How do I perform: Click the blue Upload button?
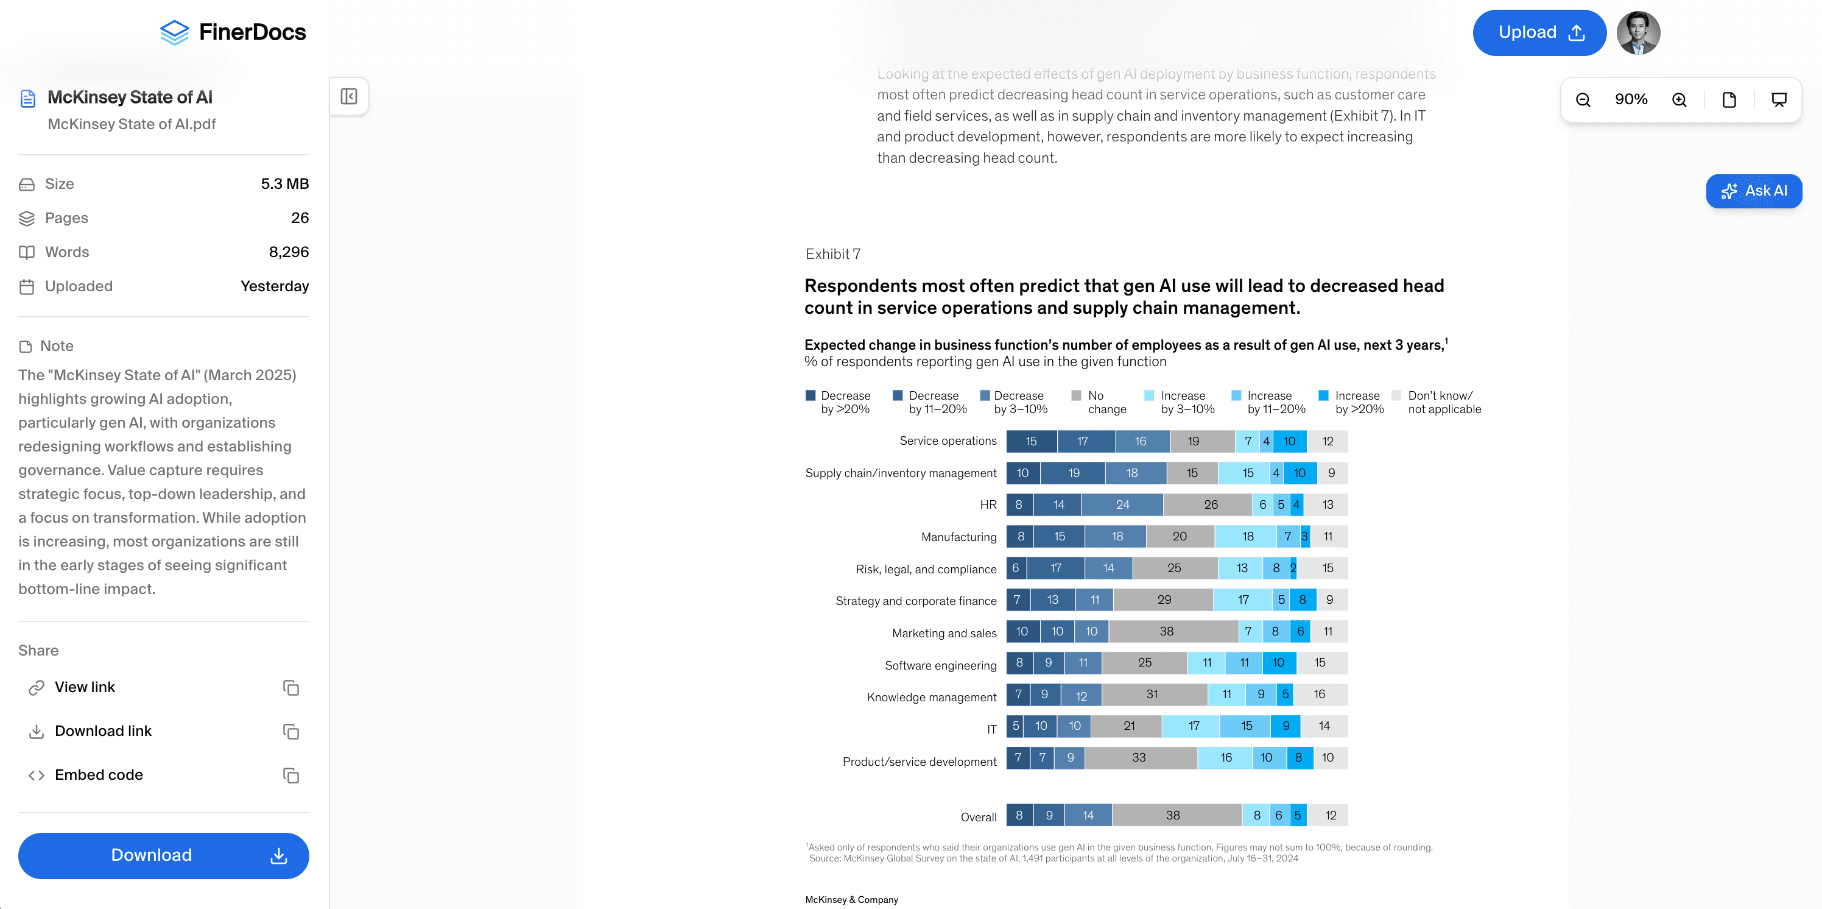point(1538,32)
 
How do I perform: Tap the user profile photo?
point(1638,32)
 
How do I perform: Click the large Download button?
point(163,855)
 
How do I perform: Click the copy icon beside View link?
point(290,688)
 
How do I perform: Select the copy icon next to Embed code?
point(290,776)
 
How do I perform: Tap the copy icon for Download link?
point(290,732)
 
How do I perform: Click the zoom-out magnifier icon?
point(1583,100)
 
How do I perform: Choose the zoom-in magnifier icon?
point(1679,100)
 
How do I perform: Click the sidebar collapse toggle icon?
point(349,96)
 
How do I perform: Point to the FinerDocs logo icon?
point(175,32)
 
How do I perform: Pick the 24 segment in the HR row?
point(1122,504)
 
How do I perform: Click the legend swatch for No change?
point(1076,395)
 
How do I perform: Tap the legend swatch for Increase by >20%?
point(1323,395)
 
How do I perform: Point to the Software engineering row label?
point(940,665)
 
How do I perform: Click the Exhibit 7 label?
point(832,254)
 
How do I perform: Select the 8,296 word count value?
point(289,252)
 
